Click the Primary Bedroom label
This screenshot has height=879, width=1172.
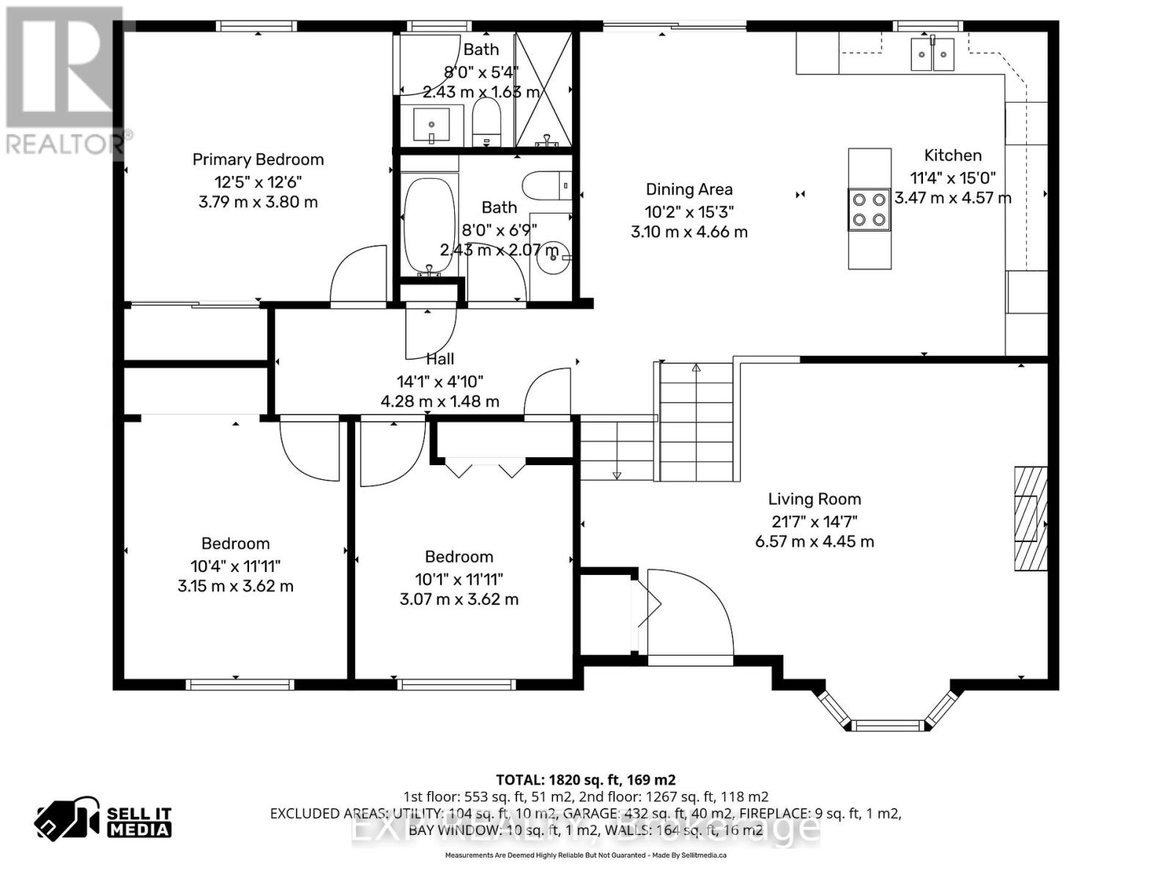(x=258, y=160)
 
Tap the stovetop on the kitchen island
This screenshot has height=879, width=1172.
(x=869, y=209)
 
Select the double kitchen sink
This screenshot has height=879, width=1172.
(x=932, y=54)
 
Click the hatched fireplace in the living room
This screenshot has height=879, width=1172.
(x=1029, y=518)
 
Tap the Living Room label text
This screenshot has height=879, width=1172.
(x=814, y=500)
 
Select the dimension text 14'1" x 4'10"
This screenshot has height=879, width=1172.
(x=439, y=382)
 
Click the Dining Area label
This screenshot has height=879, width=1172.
(x=689, y=190)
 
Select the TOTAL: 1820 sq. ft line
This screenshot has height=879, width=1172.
(x=585, y=780)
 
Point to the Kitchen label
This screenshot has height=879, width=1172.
(x=952, y=155)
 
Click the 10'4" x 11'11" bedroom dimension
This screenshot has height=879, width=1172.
(x=235, y=565)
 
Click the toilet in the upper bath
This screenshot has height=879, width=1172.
(x=486, y=121)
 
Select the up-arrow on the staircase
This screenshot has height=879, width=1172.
(x=696, y=368)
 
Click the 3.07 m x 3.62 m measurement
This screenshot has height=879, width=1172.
(x=459, y=599)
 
